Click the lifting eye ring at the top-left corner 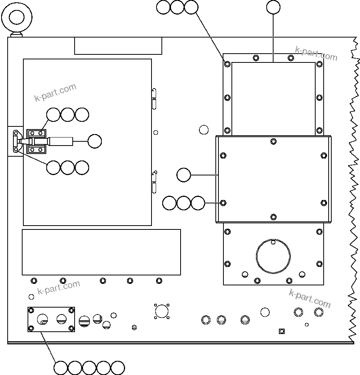(16, 17)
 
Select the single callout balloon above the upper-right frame (273, 7)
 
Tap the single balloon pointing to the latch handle (94, 141)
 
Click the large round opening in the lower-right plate (273, 256)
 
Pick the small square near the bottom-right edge (282, 331)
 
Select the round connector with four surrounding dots (162, 311)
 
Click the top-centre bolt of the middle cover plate (273, 141)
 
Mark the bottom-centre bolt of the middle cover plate (273, 217)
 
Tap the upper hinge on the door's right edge (154, 98)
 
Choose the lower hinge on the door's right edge (154, 182)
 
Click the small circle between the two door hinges (156, 133)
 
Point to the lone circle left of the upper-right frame (204, 129)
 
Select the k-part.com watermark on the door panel (55, 92)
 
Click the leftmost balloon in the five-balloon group (61, 368)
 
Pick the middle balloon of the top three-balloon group (177, 7)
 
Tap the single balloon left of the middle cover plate (184, 175)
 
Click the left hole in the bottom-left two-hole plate (42, 319)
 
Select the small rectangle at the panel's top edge (118, 46)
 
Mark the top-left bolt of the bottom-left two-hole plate (31, 310)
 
